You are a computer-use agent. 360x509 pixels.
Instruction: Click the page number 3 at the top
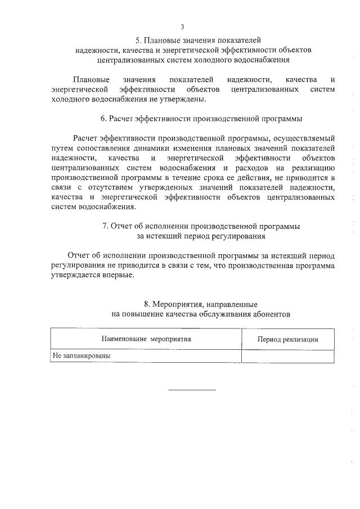coord(182,26)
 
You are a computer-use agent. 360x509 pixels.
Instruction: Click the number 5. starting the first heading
coord(139,40)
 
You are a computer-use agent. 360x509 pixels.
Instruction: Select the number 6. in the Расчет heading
coord(104,119)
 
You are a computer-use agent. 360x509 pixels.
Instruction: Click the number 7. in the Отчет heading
coord(106,226)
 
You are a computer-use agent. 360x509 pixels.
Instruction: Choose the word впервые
coord(118,275)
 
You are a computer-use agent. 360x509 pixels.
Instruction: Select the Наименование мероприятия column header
coord(146,339)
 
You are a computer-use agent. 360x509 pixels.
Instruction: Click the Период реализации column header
coord(288,339)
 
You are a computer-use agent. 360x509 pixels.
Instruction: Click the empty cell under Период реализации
coord(288,356)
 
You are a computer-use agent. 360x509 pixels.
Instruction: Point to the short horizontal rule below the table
coord(192,390)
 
